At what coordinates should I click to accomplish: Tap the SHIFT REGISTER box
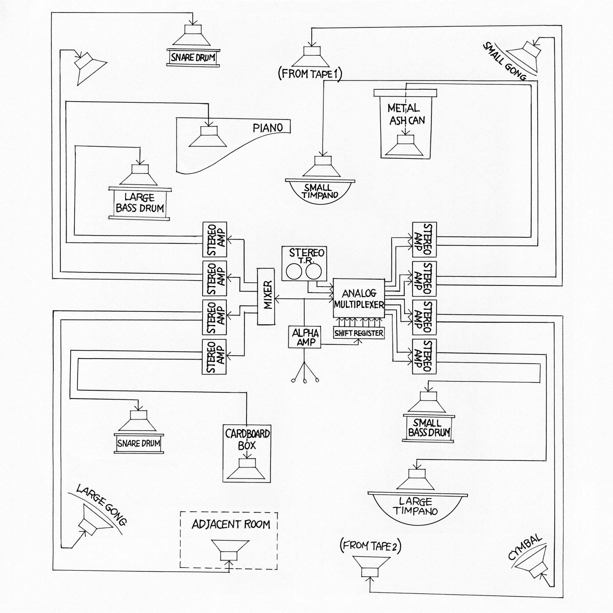point(359,333)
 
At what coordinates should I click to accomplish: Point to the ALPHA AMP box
point(304,337)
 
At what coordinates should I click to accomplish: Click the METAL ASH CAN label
point(406,114)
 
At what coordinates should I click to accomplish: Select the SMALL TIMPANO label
point(321,191)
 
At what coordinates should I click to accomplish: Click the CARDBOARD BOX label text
point(247,440)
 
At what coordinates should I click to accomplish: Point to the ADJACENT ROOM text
point(231,525)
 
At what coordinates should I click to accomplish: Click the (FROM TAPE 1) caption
point(310,74)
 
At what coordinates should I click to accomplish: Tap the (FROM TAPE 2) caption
point(370,546)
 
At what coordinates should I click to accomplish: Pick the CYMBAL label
point(525,547)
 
